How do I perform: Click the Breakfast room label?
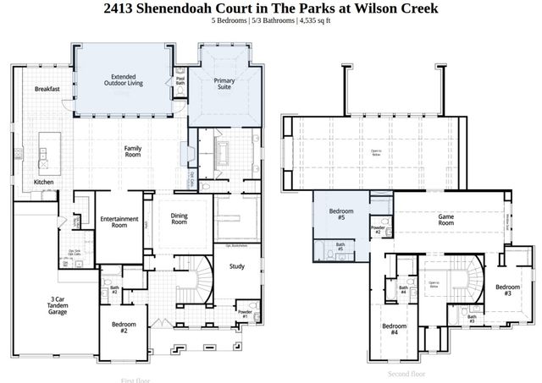[47, 89]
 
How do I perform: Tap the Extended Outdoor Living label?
[124, 79]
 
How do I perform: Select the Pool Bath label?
[180, 82]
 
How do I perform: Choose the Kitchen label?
[44, 182]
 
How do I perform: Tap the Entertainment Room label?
[119, 222]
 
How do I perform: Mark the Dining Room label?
[179, 219]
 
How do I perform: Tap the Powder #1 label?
[244, 315]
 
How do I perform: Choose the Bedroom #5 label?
[340, 214]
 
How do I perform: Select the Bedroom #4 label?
[394, 330]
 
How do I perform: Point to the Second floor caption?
[406, 373]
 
